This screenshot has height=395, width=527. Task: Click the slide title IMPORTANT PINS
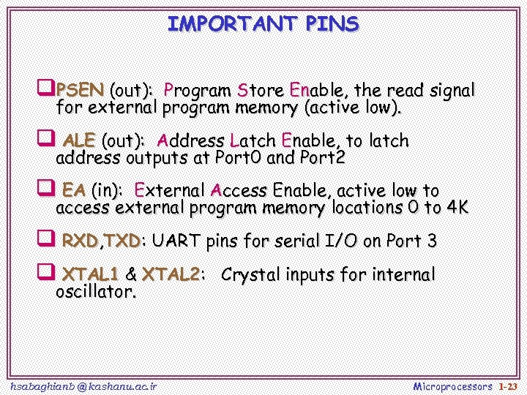pyautogui.click(x=263, y=24)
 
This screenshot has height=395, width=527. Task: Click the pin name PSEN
pyautogui.click(x=80, y=91)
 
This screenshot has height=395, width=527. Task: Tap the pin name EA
pyautogui.click(x=74, y=190)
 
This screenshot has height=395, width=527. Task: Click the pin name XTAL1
pyautogui.click(x=90, y=275)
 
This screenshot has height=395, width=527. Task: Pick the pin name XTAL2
pyautogui.click(x=171, y=275)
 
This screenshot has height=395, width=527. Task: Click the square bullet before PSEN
pyautogui.click(x=45, y=90)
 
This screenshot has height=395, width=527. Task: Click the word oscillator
pyautogui.click(x=95, y=293)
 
